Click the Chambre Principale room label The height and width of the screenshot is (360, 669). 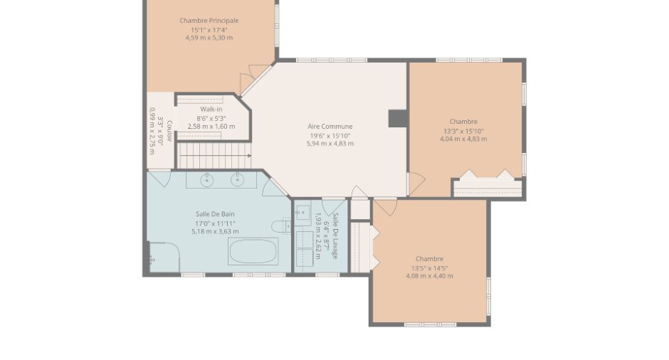(x=209, y=21)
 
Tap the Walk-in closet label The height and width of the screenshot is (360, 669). (x=211, y=109)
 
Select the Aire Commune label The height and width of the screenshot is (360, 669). (x=330, y=126)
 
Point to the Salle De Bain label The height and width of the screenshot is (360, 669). (x=215, y=214)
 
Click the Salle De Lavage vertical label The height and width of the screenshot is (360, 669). (x=336, y=236)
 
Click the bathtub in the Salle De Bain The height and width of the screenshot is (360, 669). (x=253, y=251)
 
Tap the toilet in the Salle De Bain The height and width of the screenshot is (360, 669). (x=281, y=226)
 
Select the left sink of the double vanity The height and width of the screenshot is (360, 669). (x=207, y=180)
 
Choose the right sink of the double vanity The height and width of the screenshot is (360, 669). (x=237, y=180)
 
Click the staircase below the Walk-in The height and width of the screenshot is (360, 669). (x=214, y=156)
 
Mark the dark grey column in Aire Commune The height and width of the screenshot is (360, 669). (x=397, y=118)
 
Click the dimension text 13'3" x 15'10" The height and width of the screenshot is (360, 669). (x=463, y=132)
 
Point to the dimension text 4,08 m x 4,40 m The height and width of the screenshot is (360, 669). (x=430, y=276)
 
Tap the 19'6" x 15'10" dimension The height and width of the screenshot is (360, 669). (x=330, y=136)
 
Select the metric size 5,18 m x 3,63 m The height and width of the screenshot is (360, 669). (x=215, y=232)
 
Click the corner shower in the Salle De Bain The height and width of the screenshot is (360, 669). (x=164, y=258)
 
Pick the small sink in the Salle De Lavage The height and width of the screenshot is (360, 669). (x=302, y=211)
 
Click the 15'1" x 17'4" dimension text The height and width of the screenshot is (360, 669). (x=209, y=30)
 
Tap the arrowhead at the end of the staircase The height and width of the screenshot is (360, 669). (x=249, y=156)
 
